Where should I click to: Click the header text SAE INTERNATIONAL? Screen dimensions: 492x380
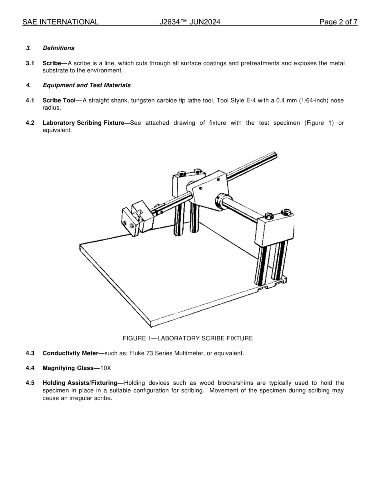pos(60,22)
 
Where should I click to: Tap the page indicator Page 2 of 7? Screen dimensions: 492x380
pos(338,22)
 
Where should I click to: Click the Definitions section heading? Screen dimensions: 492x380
pos(58,48)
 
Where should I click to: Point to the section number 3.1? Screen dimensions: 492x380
pos(30,63)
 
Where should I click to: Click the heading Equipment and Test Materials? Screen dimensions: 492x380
pos(86,85)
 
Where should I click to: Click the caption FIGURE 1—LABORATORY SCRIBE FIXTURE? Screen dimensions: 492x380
pos(188,338)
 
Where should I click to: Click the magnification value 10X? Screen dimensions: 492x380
pos(106,368)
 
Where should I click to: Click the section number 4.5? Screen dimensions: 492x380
pos(30,383)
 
